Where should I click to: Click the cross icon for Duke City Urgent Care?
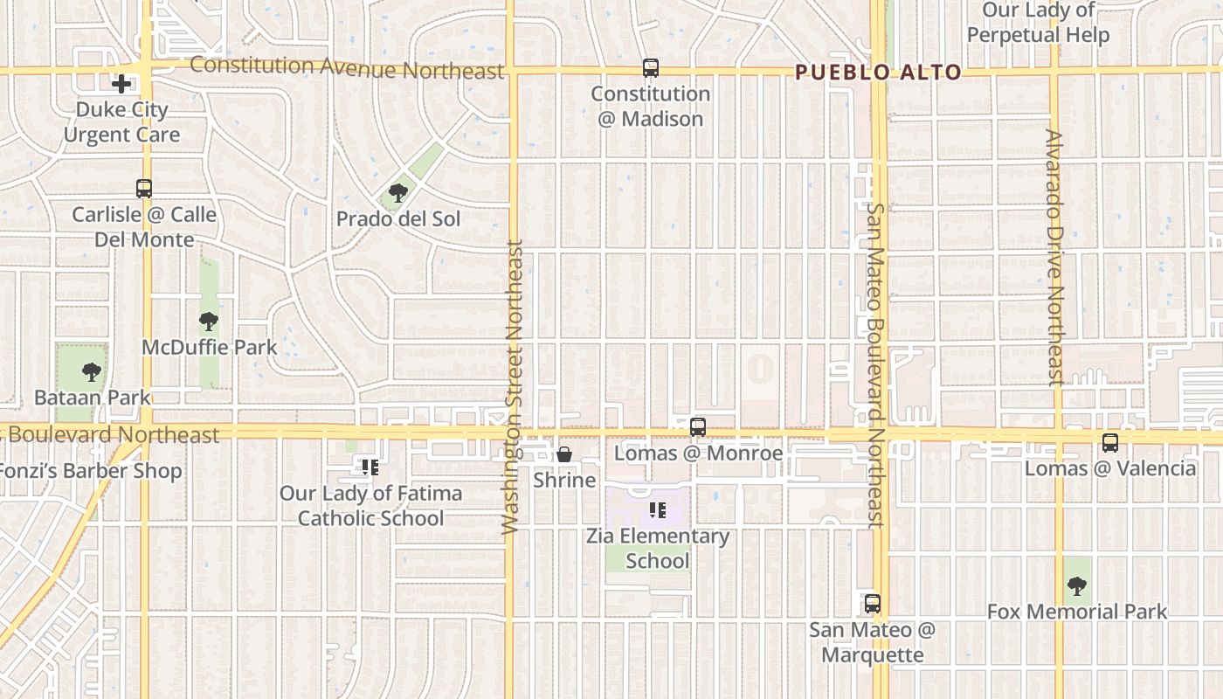pos(121,84)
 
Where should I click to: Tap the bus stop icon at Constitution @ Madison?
pos(650,67)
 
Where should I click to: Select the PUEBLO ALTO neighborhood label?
pos(879,73)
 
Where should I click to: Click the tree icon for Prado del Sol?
pos(398,192)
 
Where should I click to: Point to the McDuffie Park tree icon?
pos(208,321)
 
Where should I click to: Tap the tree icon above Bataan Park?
pos(91,372)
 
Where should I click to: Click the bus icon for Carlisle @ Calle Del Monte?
pos(144,188)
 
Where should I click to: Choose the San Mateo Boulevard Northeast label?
pos(876,365)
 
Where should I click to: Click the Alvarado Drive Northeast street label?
pos(1054,257)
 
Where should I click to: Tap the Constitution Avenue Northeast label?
pos(347,67)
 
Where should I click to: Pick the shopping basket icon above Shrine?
pos(564,454)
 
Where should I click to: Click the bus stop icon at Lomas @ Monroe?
pos(697,426)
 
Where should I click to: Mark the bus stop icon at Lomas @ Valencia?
pos(1109,442)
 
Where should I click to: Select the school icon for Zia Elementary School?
pos(657,510)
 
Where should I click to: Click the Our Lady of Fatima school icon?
pos(370,467)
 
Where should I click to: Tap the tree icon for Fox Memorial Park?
pos(1076,585)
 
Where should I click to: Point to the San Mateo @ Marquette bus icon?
pos(872,603)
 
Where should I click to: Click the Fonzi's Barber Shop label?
pos(91,471)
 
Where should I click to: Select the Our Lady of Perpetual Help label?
pos(1038,23)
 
